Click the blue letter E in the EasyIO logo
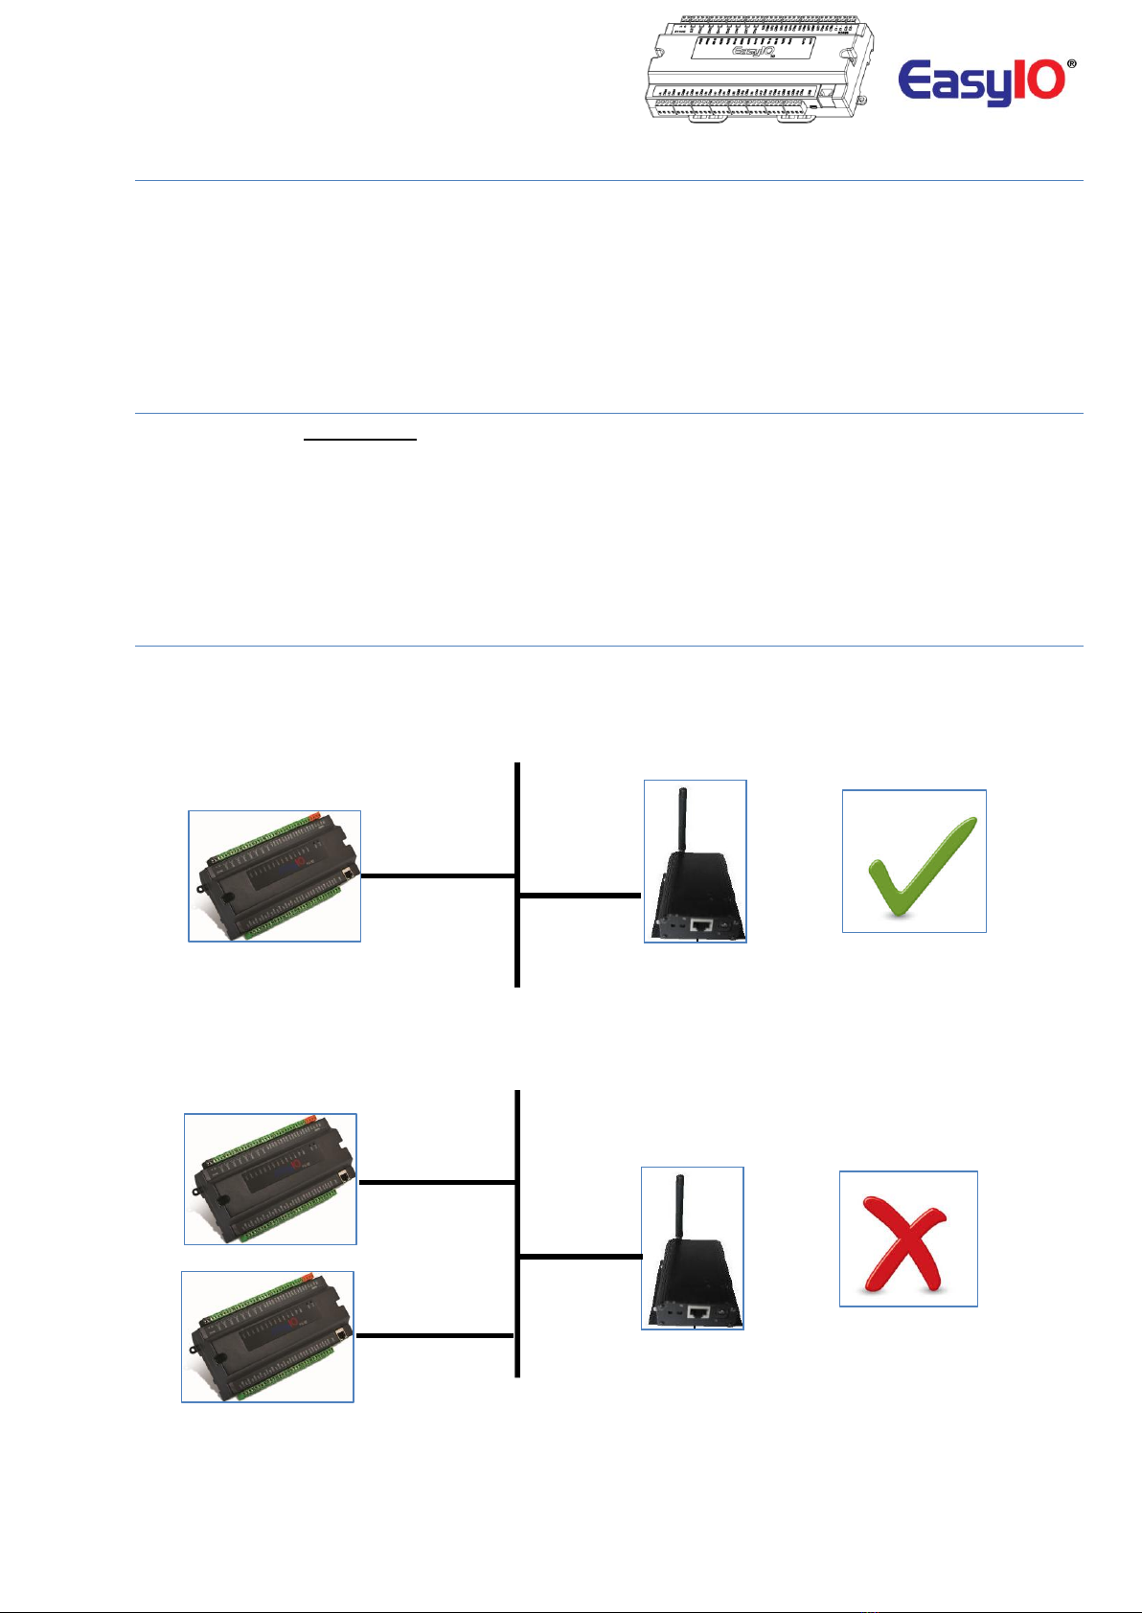[x=919, y=80]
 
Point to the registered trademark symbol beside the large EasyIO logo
[x=1070, y=63]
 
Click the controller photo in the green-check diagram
[x=275, y=876]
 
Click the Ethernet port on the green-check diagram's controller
[x=349, y=874]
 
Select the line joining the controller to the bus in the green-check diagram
[x=438, y=875]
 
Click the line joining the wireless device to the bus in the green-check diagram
[x=580, y=896]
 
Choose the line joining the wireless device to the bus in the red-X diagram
[x=580, y=1256]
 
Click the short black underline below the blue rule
[x=360, y=440]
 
